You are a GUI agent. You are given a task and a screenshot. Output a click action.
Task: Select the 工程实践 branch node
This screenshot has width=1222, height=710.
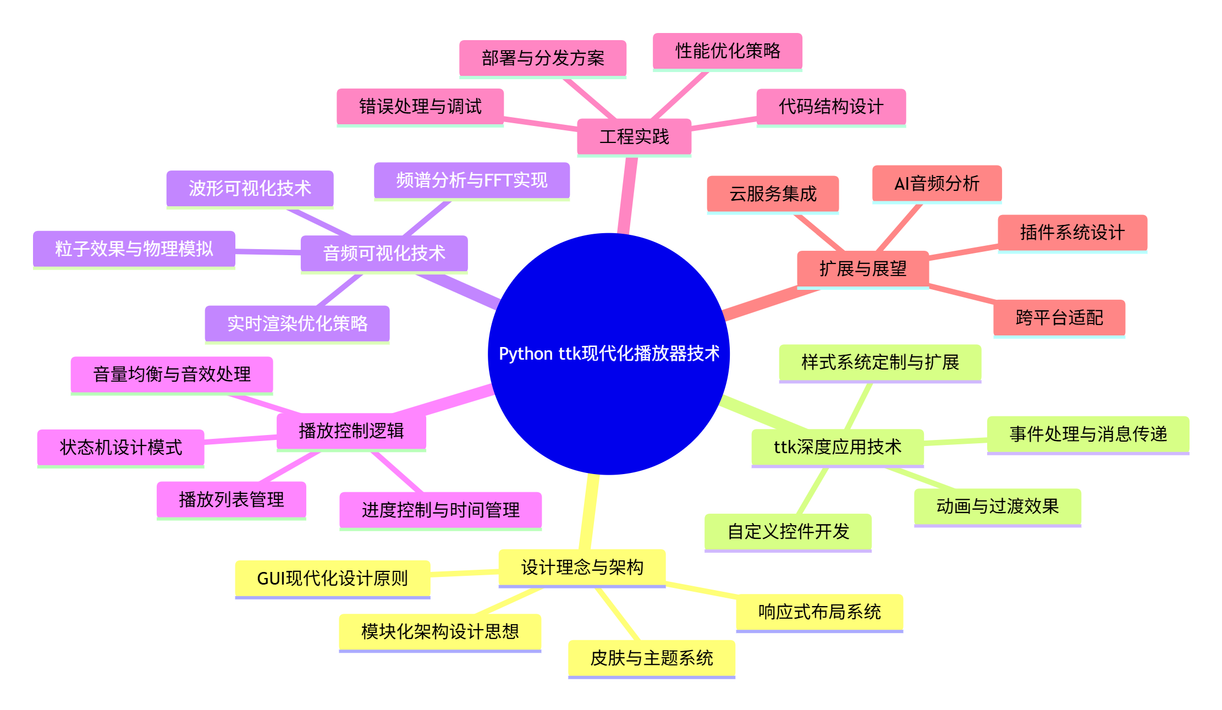pyautogui.click(x=634, y=136)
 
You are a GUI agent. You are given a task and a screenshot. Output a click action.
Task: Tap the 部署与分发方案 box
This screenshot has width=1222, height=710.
pyautogui.click(x=542, y=58)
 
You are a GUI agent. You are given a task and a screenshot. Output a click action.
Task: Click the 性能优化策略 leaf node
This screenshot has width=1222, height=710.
pyautogui.click(x=727, y=51)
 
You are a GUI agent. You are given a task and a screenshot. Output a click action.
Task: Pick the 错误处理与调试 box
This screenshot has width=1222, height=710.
pyautogui.click(x=420, y=107)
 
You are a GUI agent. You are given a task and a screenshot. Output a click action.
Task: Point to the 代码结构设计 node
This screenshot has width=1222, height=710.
pyautogui.click(x=830, y=107)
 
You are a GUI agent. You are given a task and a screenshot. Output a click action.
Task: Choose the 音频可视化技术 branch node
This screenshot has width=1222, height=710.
pyautogui.click(x=384, y=253)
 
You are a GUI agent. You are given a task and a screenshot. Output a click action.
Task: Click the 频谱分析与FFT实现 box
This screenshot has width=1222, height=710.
pyautogui.click(x=471, y=180)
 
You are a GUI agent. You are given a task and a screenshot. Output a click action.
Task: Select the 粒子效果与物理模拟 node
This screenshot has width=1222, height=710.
pyautogui.click(x=134, y=249)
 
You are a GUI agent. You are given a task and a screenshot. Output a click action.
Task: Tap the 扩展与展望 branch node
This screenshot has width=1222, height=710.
pyautogui.click(x=862, y=269)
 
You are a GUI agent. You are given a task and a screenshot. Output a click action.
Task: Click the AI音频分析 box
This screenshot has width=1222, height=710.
pyautogui.click(x=937, y=184)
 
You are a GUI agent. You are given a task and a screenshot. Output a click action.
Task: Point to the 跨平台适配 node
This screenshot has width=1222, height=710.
pyautogui.click(x=1059, y=317)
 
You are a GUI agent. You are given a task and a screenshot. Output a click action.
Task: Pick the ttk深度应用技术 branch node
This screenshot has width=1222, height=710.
pyautogui.click(x=837, y=447)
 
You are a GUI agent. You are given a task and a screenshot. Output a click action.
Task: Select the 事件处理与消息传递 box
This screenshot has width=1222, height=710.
pyautogui.click(x=1088, y=434)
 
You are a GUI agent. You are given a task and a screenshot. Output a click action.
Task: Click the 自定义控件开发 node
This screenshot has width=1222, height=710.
pyautogui.click(x=788, y=531)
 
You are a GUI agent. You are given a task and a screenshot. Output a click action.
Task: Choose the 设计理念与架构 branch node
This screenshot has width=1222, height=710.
pyautogui.click(x=582, y=567)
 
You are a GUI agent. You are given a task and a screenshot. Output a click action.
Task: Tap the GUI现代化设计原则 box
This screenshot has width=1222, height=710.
pyautogui.click(x=332, y=578)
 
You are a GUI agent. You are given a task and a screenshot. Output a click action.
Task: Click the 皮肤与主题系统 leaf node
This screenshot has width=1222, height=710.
pyautogui.click(x=651, y=658)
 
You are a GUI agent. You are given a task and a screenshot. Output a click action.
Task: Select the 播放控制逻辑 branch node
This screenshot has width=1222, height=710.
pyautogui.click(x=351, y=431)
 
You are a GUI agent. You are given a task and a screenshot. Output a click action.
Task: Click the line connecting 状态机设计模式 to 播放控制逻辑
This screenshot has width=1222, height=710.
pyautogui.click(x=240, y=439)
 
